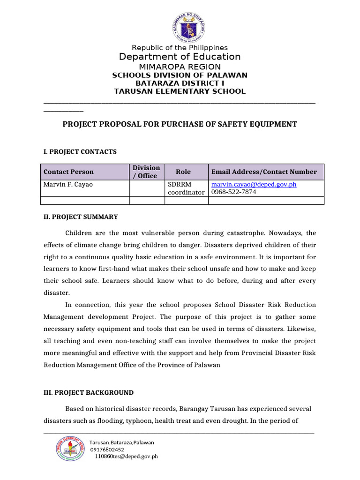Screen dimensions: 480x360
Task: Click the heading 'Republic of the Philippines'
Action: coord(180,48)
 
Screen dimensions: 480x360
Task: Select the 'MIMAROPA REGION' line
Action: coord(180,67)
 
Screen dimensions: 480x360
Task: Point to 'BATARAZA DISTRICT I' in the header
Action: coord(180,83)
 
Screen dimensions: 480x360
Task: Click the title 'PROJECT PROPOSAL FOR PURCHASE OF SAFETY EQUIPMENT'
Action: coord(180,124)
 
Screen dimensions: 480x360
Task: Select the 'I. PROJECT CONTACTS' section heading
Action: coord(80,152)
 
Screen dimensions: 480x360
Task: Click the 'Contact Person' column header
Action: coord(68,172)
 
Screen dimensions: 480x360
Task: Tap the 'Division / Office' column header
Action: coord(146,172)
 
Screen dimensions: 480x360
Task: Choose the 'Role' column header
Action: coord(183,172)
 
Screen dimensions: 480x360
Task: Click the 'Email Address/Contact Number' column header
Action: coord(264,172)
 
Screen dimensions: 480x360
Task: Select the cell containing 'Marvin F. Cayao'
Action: coord(68,185)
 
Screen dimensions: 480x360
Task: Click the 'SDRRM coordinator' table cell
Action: coord(186,188)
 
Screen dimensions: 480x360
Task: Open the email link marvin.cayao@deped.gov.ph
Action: coord(254,185)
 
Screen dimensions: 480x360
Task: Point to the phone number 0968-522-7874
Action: coord(234,192)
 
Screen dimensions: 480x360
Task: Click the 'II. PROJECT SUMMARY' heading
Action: coord(81,217)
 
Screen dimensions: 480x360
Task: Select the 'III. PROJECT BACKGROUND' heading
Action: coord(89,393)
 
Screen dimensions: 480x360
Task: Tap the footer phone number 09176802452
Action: coord(107,449)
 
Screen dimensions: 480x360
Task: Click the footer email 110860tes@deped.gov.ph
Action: coord(126,456)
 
